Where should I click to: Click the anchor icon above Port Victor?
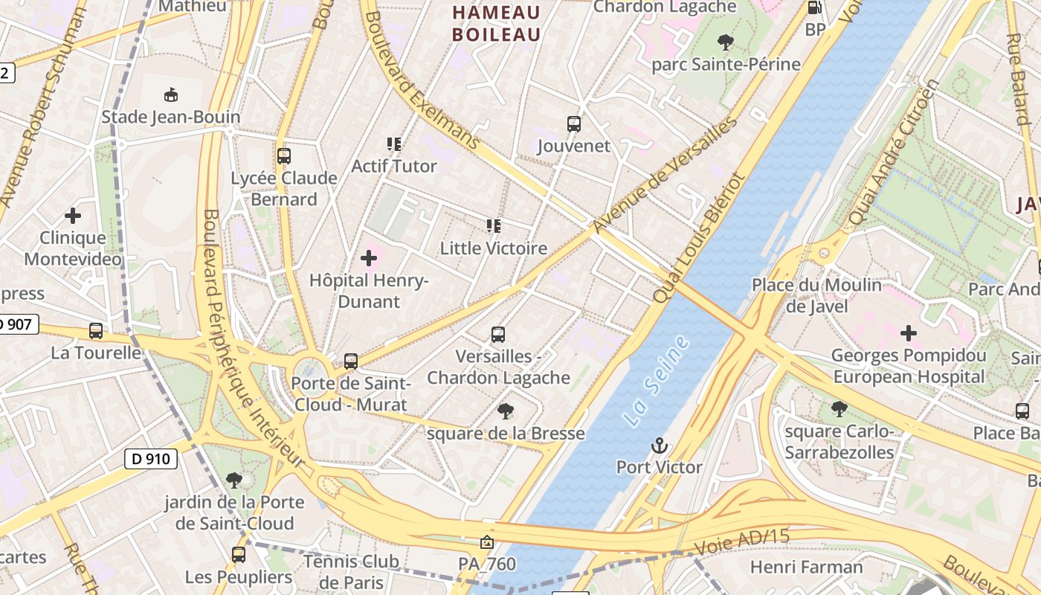pos(659,446)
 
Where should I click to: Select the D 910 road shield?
pos(151,459)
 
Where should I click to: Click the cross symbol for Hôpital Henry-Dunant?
pos(369,259)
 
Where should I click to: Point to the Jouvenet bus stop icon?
pos(573,124)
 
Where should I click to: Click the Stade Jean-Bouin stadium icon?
pos(171,95)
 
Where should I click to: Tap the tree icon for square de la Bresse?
pos(506,411)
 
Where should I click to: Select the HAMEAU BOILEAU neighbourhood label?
pos(496,23)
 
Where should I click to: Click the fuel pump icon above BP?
pos(815,8)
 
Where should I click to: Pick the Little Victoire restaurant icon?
pos(493,226)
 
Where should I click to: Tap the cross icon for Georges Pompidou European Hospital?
pos(908,333)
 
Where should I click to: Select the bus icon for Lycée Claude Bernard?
pos(283,156)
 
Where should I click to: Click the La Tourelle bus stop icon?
pos(96,331)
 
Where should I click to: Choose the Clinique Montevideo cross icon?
pos(73,216)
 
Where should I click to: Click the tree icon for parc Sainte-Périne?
pos(726,42)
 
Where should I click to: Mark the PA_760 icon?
pos(487,543)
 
